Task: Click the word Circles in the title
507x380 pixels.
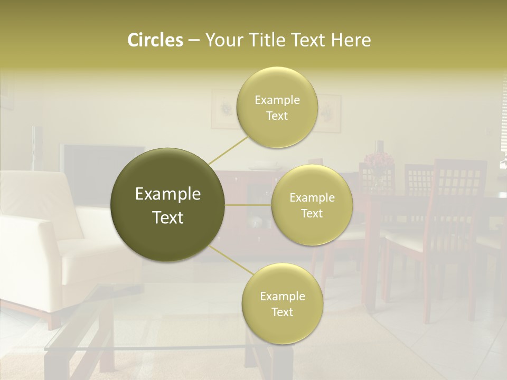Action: [x=155, y=40]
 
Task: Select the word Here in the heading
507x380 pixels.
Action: [x=351, y=40]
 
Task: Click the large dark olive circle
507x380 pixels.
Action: [x=168, y=205]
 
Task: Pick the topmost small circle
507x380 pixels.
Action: [x=277, y=107]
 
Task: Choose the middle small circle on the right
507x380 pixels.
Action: [x=312, y=205]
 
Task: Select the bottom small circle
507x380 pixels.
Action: [x=282, y=303]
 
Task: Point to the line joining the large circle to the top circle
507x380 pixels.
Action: [x=228, y=150]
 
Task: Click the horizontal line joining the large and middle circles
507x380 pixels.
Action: [x=248, y=205]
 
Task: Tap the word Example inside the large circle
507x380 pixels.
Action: [x=168, y=194]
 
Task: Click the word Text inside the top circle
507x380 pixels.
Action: [x=277, y=116]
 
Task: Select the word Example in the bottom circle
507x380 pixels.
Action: [x=282, y=296]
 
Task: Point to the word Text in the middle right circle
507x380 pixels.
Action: [x=312, y=213]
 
